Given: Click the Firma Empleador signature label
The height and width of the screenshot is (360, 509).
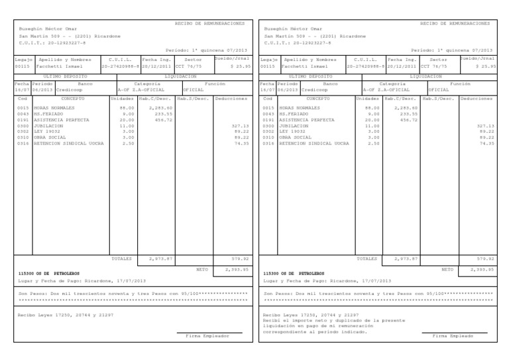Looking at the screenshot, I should [207, 336].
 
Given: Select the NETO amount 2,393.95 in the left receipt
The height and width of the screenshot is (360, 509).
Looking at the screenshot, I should [237, 270].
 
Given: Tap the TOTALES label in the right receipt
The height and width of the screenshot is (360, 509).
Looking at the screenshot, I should [367, 258].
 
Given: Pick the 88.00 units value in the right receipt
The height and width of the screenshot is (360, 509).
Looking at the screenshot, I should [372, 107].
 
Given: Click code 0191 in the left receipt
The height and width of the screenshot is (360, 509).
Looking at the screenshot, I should [23, 119].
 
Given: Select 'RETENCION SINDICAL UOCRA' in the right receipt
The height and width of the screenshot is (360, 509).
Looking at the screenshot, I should [314, 143].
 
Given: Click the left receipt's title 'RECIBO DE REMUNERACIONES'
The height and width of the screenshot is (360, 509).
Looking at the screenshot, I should [209, 23].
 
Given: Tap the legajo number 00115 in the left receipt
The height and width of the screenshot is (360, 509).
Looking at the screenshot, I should [22, 66].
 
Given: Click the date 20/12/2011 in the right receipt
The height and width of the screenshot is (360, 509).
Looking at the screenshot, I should [401, 66].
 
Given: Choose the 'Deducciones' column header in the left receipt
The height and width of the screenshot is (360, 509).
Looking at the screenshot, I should [231, 98].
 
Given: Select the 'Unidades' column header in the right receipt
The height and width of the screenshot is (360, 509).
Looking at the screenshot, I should [367, 98].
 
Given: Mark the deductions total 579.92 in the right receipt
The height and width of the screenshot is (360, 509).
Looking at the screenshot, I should [486, 258].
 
